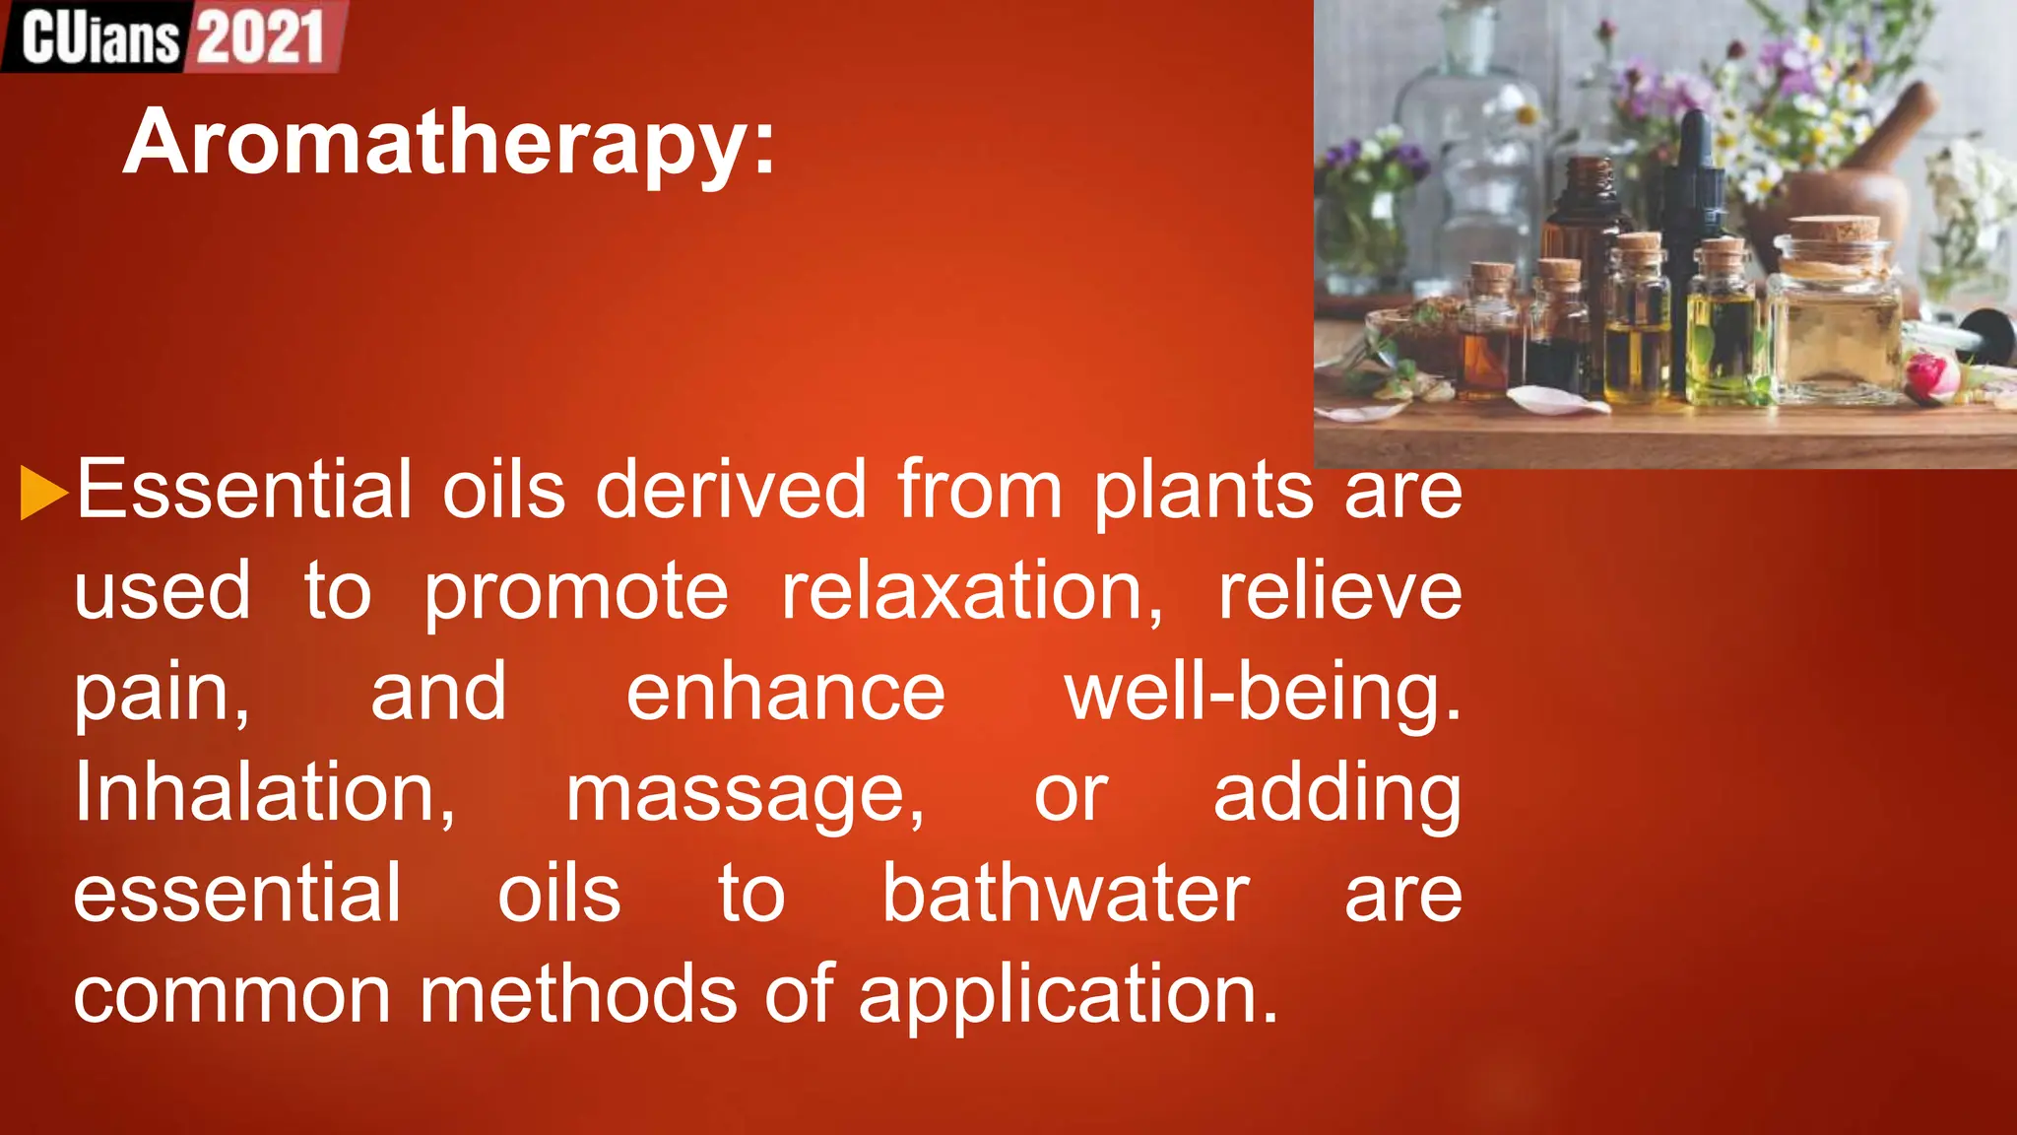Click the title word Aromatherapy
pyautogui.click(x=449, y=144)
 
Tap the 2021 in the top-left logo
pyautogui.click(x=260, y=37)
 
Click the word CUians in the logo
pyautogui.click(x=100, y=38)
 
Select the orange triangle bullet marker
pyautogui.click(x=42, y=492)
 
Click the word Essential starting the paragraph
pyautogui.click(x=243, y=489)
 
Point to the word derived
pyautogui.click(x=731, y=489)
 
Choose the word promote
pyautogui.click(x=576, y=592)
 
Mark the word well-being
pyautogui.click(x=1263, y=693)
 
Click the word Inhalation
pyautogui.click(x=264, y=793)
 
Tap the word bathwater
pyautogui.click(x=1066, y=894)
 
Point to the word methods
pyautogui.click(x=578, y=994)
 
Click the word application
pyautogui.click(x=1068, y=996)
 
